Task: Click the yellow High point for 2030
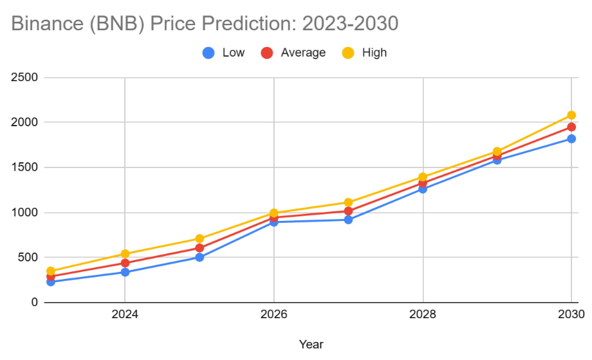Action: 571,115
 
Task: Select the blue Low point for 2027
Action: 348,220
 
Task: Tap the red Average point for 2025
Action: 199,248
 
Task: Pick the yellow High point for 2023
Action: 51,271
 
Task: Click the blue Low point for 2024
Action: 125,272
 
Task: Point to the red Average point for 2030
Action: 571,127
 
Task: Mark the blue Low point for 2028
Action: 423,189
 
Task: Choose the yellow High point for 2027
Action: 348,202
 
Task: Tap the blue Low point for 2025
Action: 199,257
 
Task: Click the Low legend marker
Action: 208,53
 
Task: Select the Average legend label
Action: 303,53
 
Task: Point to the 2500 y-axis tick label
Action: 25,77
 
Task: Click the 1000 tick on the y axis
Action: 25,213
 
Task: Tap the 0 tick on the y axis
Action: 33,302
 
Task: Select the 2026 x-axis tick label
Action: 274,315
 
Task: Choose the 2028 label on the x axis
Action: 423,315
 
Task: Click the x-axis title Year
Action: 311,344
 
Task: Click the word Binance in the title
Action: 48,24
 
